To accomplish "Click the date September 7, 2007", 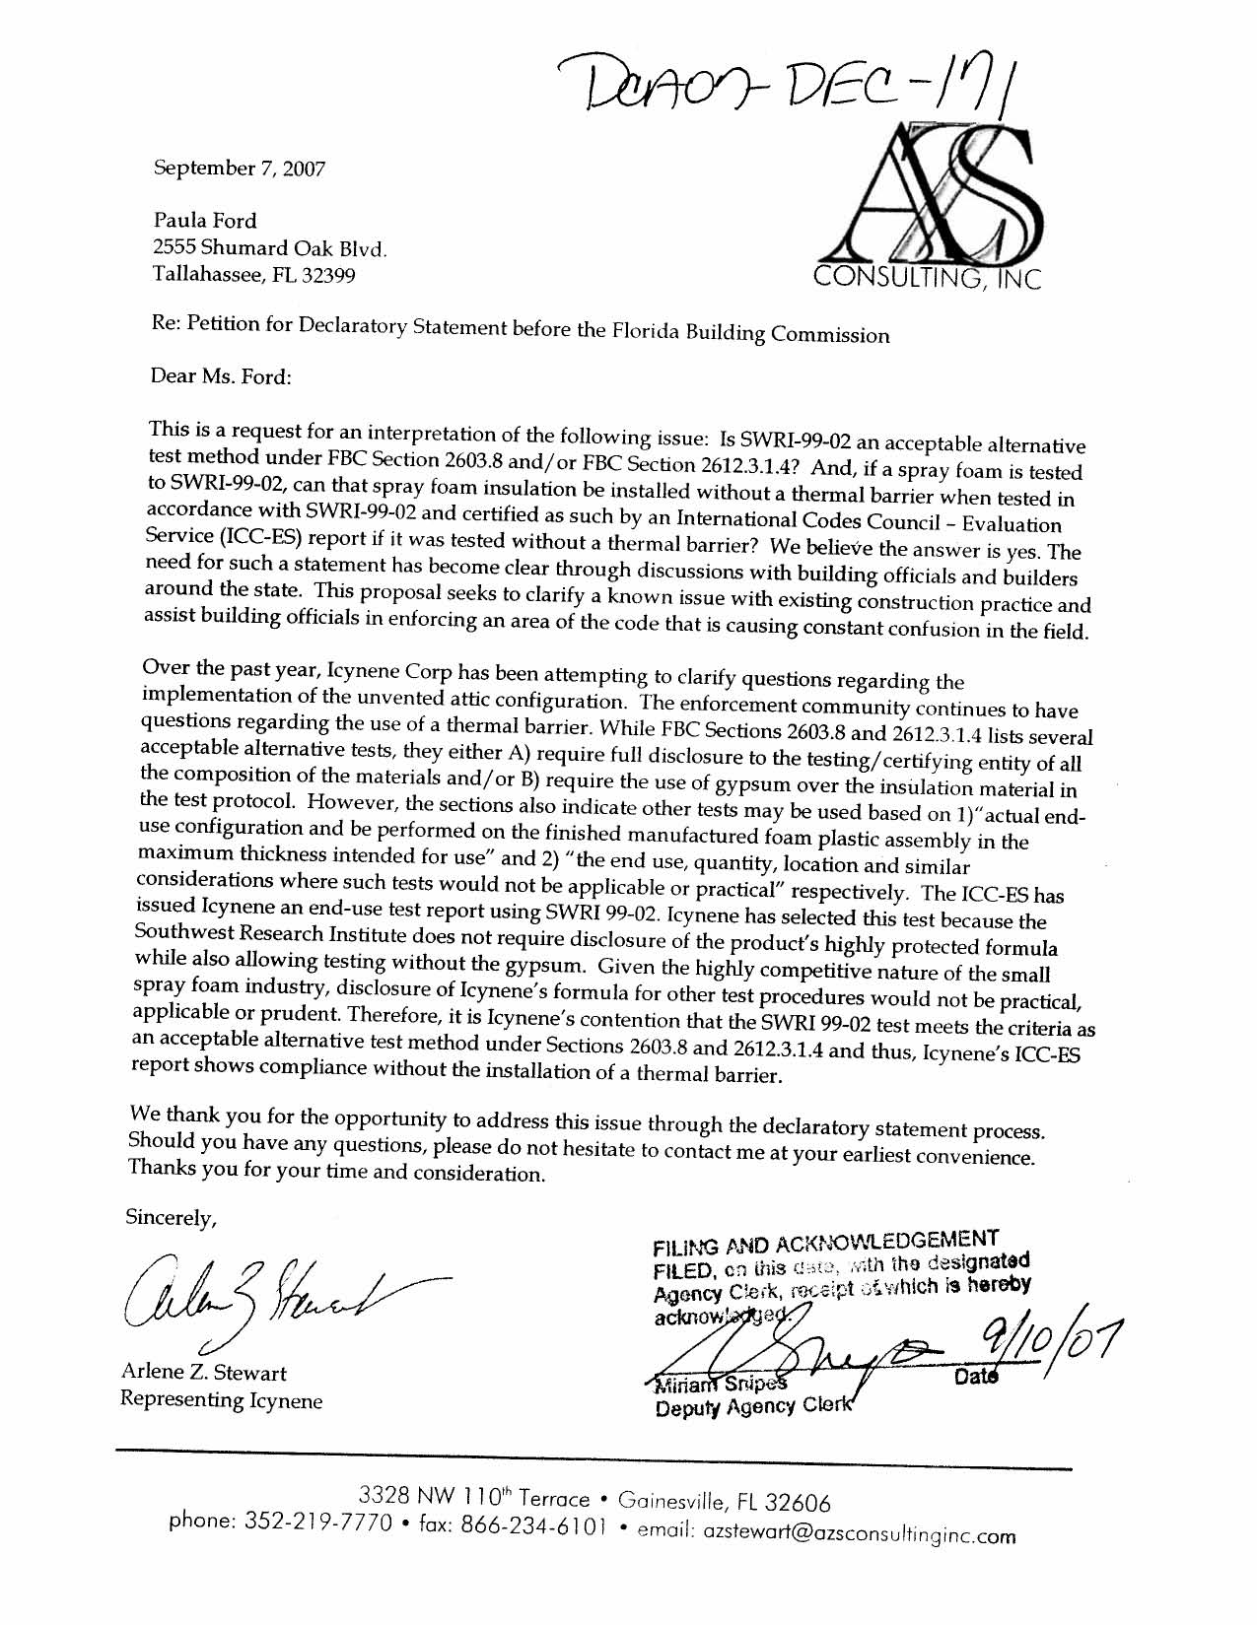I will click(239, 169).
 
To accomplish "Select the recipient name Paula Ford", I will click(204, 220).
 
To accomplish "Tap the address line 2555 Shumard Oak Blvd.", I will click(270, 247).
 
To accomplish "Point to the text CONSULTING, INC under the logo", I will click(927, 279).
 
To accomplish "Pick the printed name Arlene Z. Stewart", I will click(204, 1372).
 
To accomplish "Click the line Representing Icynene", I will click(221, 1399).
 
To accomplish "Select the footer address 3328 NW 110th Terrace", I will click(476, 1498).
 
